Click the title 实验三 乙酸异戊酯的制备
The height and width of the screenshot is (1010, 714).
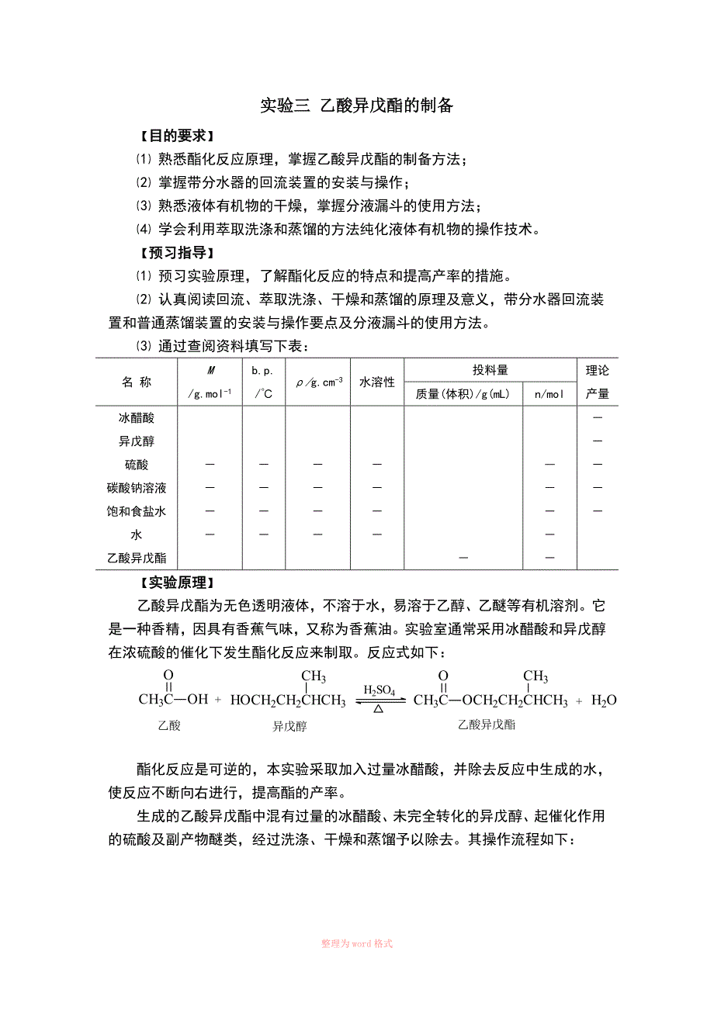point(356,106)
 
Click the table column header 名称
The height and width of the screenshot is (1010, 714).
point(137,382)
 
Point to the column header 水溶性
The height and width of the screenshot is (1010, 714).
point(376,382)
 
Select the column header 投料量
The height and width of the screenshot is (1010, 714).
point(490,370)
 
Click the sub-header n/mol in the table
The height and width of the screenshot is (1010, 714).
point(549,394)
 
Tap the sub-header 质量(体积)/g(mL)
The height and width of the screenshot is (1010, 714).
point(463,394)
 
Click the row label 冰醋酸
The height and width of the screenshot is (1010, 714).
point(137,418)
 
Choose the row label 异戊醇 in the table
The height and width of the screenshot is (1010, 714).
point(137,441)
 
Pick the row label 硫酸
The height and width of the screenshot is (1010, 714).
point(137,465)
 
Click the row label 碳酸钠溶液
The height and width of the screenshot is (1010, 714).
point(137,488)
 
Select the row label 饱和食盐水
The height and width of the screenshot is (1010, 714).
point(137,511)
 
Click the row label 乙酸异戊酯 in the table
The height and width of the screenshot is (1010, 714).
point(137,558)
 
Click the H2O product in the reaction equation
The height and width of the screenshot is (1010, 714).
point(604,700)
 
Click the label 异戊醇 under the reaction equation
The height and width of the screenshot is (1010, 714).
point(289,727)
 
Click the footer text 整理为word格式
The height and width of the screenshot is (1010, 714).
point(357,943)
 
